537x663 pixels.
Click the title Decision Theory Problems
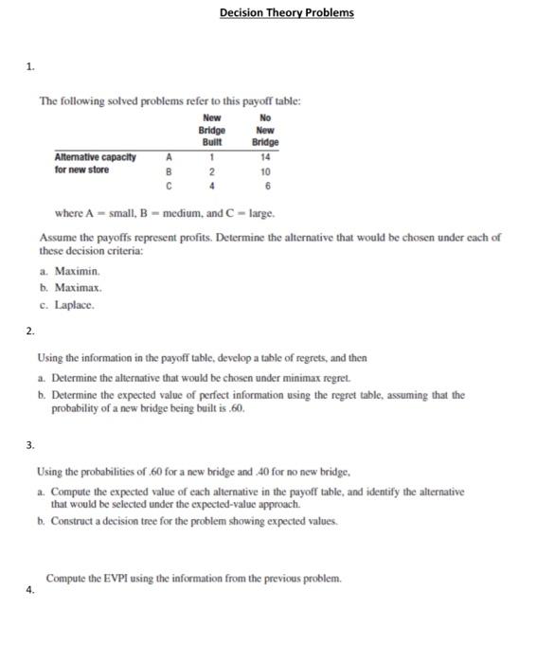tap(286, 12)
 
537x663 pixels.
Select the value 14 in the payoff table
tap(265, 157)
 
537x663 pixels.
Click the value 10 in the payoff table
tap(265, 172)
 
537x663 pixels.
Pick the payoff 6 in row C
tap(265, 187)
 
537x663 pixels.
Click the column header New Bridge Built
tap(211, 130)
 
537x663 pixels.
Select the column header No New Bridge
tap(265, 130)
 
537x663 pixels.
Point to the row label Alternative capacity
tap(95, 157)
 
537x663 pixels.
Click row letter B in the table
tap(169, 172)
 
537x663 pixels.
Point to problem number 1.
tap(31, 65)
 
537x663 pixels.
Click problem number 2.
tap(31, 331)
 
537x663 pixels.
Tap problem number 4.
tap(31, 587)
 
